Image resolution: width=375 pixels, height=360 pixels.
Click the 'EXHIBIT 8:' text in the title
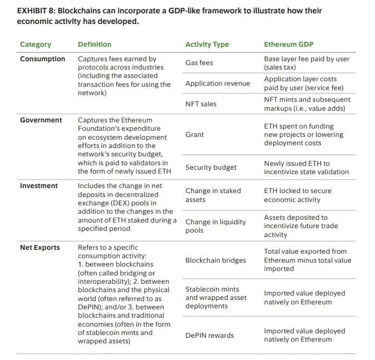pyautogui.click(x=36, y=11)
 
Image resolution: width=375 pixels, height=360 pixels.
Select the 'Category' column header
pyautogui.click(x=35, y=45)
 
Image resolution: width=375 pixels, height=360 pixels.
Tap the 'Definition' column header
pyautogui.click(x=95, y=45)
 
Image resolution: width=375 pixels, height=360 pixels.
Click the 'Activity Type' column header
pyautogui.click(x=207, y=45)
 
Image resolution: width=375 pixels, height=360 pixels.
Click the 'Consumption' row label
pyautogui.click(x=42, y=59)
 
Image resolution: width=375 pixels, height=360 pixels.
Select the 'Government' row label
pyautogui.click(x=41, y=120)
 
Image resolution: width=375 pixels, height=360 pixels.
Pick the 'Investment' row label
pyautogui.click(x=39, y=186)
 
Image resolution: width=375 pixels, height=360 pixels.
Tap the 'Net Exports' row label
pyautogui.click(x=40, y=248)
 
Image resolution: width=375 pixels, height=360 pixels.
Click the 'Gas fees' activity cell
pyautogui.click(x=199, y=63)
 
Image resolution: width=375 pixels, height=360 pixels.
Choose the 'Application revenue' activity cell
pyautogui.click(x=218, y=83)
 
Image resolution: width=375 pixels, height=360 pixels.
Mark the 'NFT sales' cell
pyautogui.click(x=201, y=104)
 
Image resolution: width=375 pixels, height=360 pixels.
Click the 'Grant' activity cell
pyautogui.click(x=195, y=135)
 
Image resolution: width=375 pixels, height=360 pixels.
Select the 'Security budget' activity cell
pyautogui.click(x=211, y=167)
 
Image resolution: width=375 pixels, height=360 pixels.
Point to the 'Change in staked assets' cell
pyautogui.click(x=213, y=195)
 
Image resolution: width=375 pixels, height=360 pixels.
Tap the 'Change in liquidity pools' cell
pyautogui.click(x=215, y=226)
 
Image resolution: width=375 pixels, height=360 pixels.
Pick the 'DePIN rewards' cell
pyautogui.click(x=209, y=336)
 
